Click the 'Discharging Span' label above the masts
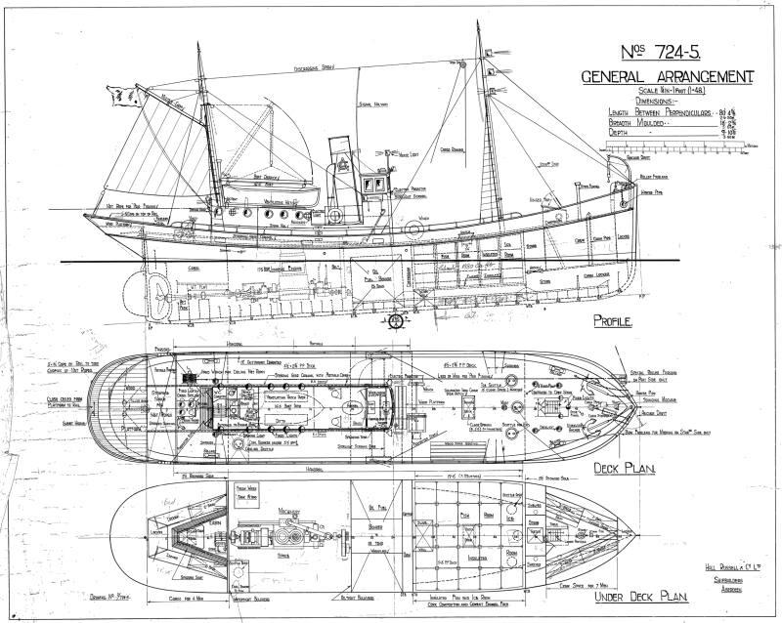click(316, 69)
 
